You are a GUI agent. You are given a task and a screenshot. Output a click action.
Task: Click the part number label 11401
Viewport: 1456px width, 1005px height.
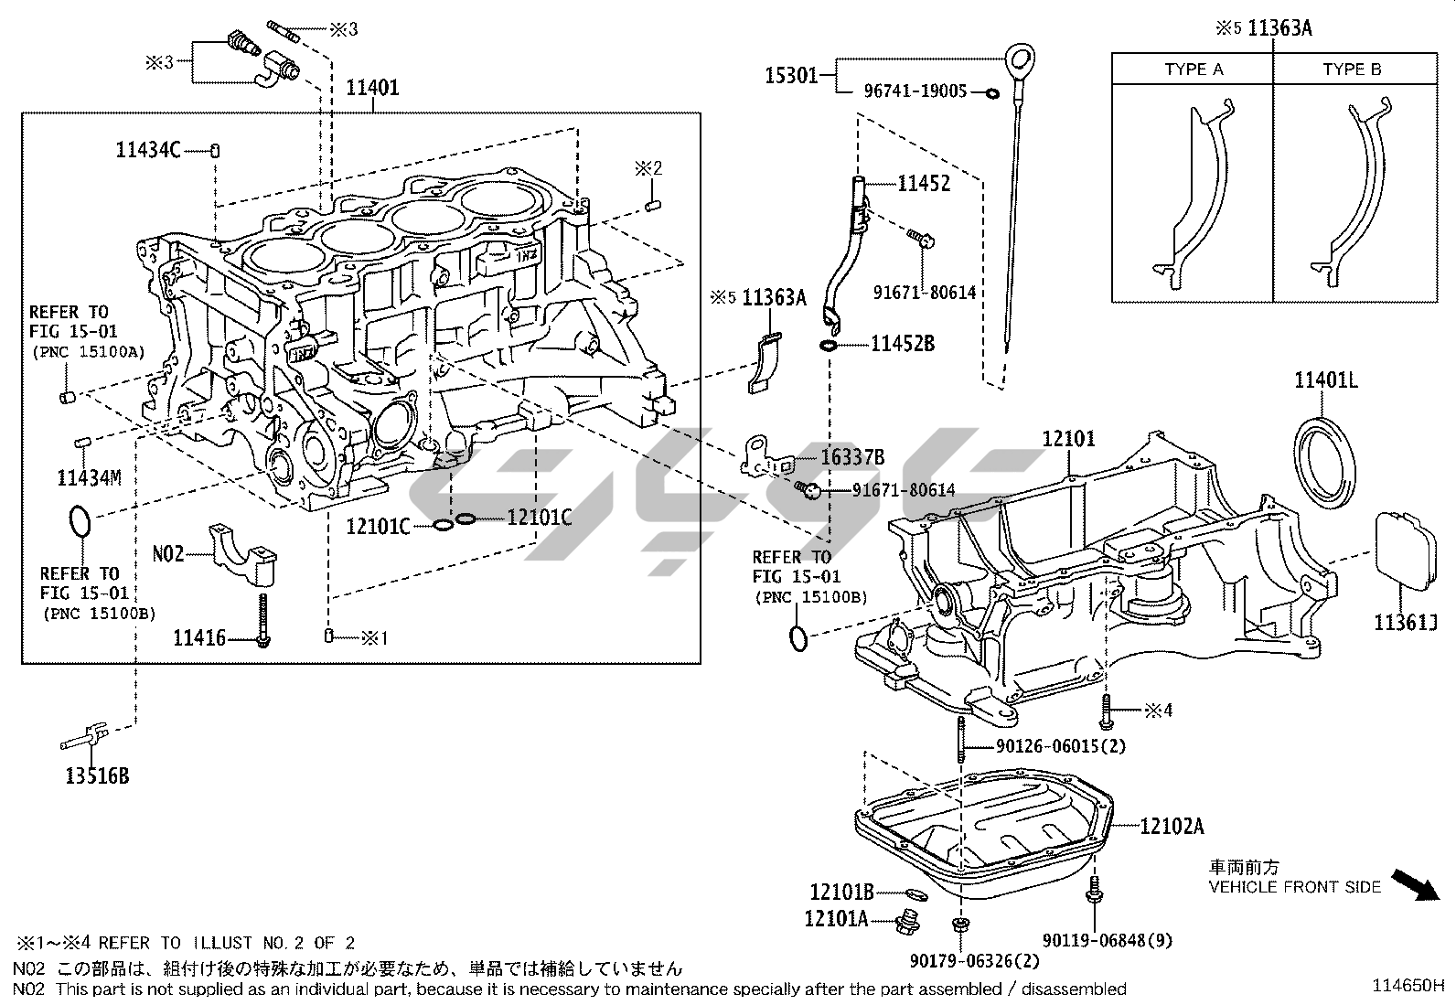pos(372,88)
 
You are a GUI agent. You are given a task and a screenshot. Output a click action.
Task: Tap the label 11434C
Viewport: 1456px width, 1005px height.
pos(148,150)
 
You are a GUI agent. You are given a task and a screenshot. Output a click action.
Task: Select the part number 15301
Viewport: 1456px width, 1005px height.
pos(791,75)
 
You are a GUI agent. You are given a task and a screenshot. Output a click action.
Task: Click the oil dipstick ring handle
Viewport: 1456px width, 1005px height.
pos(1019,62)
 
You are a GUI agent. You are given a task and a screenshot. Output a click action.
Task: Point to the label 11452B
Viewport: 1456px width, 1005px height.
pos(903,344)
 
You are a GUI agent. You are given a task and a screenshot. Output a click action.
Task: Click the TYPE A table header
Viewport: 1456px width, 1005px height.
pos(1193,69)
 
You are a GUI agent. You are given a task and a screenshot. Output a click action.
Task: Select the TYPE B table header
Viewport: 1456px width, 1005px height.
pos(1352,69)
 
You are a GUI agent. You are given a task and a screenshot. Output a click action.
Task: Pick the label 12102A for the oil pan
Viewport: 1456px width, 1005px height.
pos(1172,827)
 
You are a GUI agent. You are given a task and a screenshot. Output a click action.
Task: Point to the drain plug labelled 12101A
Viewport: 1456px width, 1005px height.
pos(906,923)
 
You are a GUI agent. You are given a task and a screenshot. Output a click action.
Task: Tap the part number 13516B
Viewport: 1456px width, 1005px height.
pos(97,776)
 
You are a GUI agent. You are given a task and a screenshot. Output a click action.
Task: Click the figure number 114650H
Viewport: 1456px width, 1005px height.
pos(1408,985)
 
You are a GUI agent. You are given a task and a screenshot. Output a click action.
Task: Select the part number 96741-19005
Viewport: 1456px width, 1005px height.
pos(915,91)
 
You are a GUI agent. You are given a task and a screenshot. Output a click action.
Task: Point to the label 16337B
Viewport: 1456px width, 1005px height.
pos(851,457)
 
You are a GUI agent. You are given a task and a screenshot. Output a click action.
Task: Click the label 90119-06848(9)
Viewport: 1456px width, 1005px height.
pos(1108,940)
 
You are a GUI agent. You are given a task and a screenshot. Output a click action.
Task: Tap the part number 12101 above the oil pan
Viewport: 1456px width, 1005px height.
pos(1068,439)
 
